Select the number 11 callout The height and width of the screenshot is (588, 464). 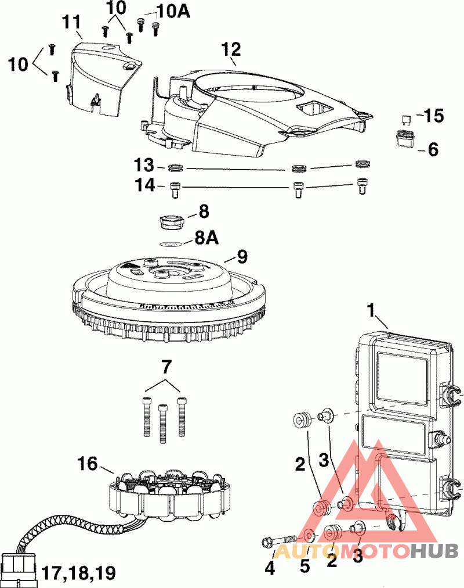pyautogui.click(x=72, y=23)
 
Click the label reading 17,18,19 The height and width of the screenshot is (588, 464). pyautogui.click(x=78, y=573)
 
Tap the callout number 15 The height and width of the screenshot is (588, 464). pyautogui.click(x=433, y=116)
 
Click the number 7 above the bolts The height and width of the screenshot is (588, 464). pyautogui.click(x=166, y=367)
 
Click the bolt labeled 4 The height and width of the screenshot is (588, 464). pyautogui.click(x=278, y=541)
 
